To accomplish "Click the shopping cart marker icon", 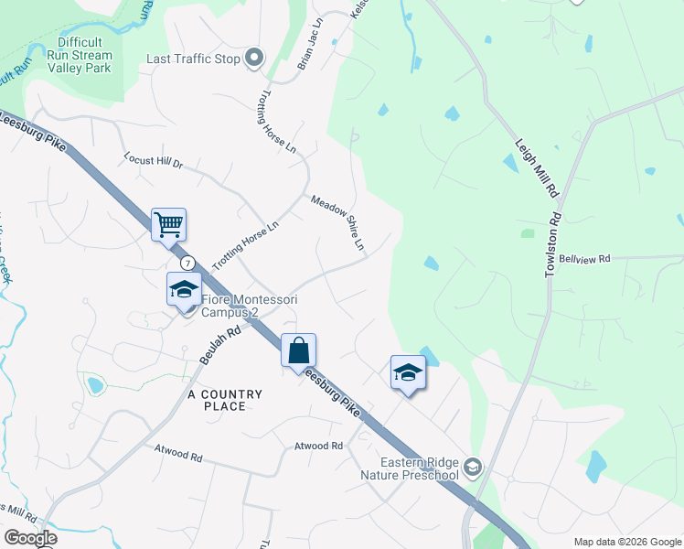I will coord(168,222).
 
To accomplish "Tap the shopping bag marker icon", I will coord(298,350).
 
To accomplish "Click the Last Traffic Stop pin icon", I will coord(254,59).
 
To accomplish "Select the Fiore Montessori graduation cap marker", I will coord(184,289).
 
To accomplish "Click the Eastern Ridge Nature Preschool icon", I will coord(472,468).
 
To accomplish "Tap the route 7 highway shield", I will coord(186,264).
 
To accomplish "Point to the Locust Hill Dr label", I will coord(154,162).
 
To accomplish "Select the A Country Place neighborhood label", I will coord(225,400).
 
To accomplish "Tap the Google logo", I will coord(30,538).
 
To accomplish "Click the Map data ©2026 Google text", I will coord(627,542).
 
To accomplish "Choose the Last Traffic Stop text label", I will coord(193,59).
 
